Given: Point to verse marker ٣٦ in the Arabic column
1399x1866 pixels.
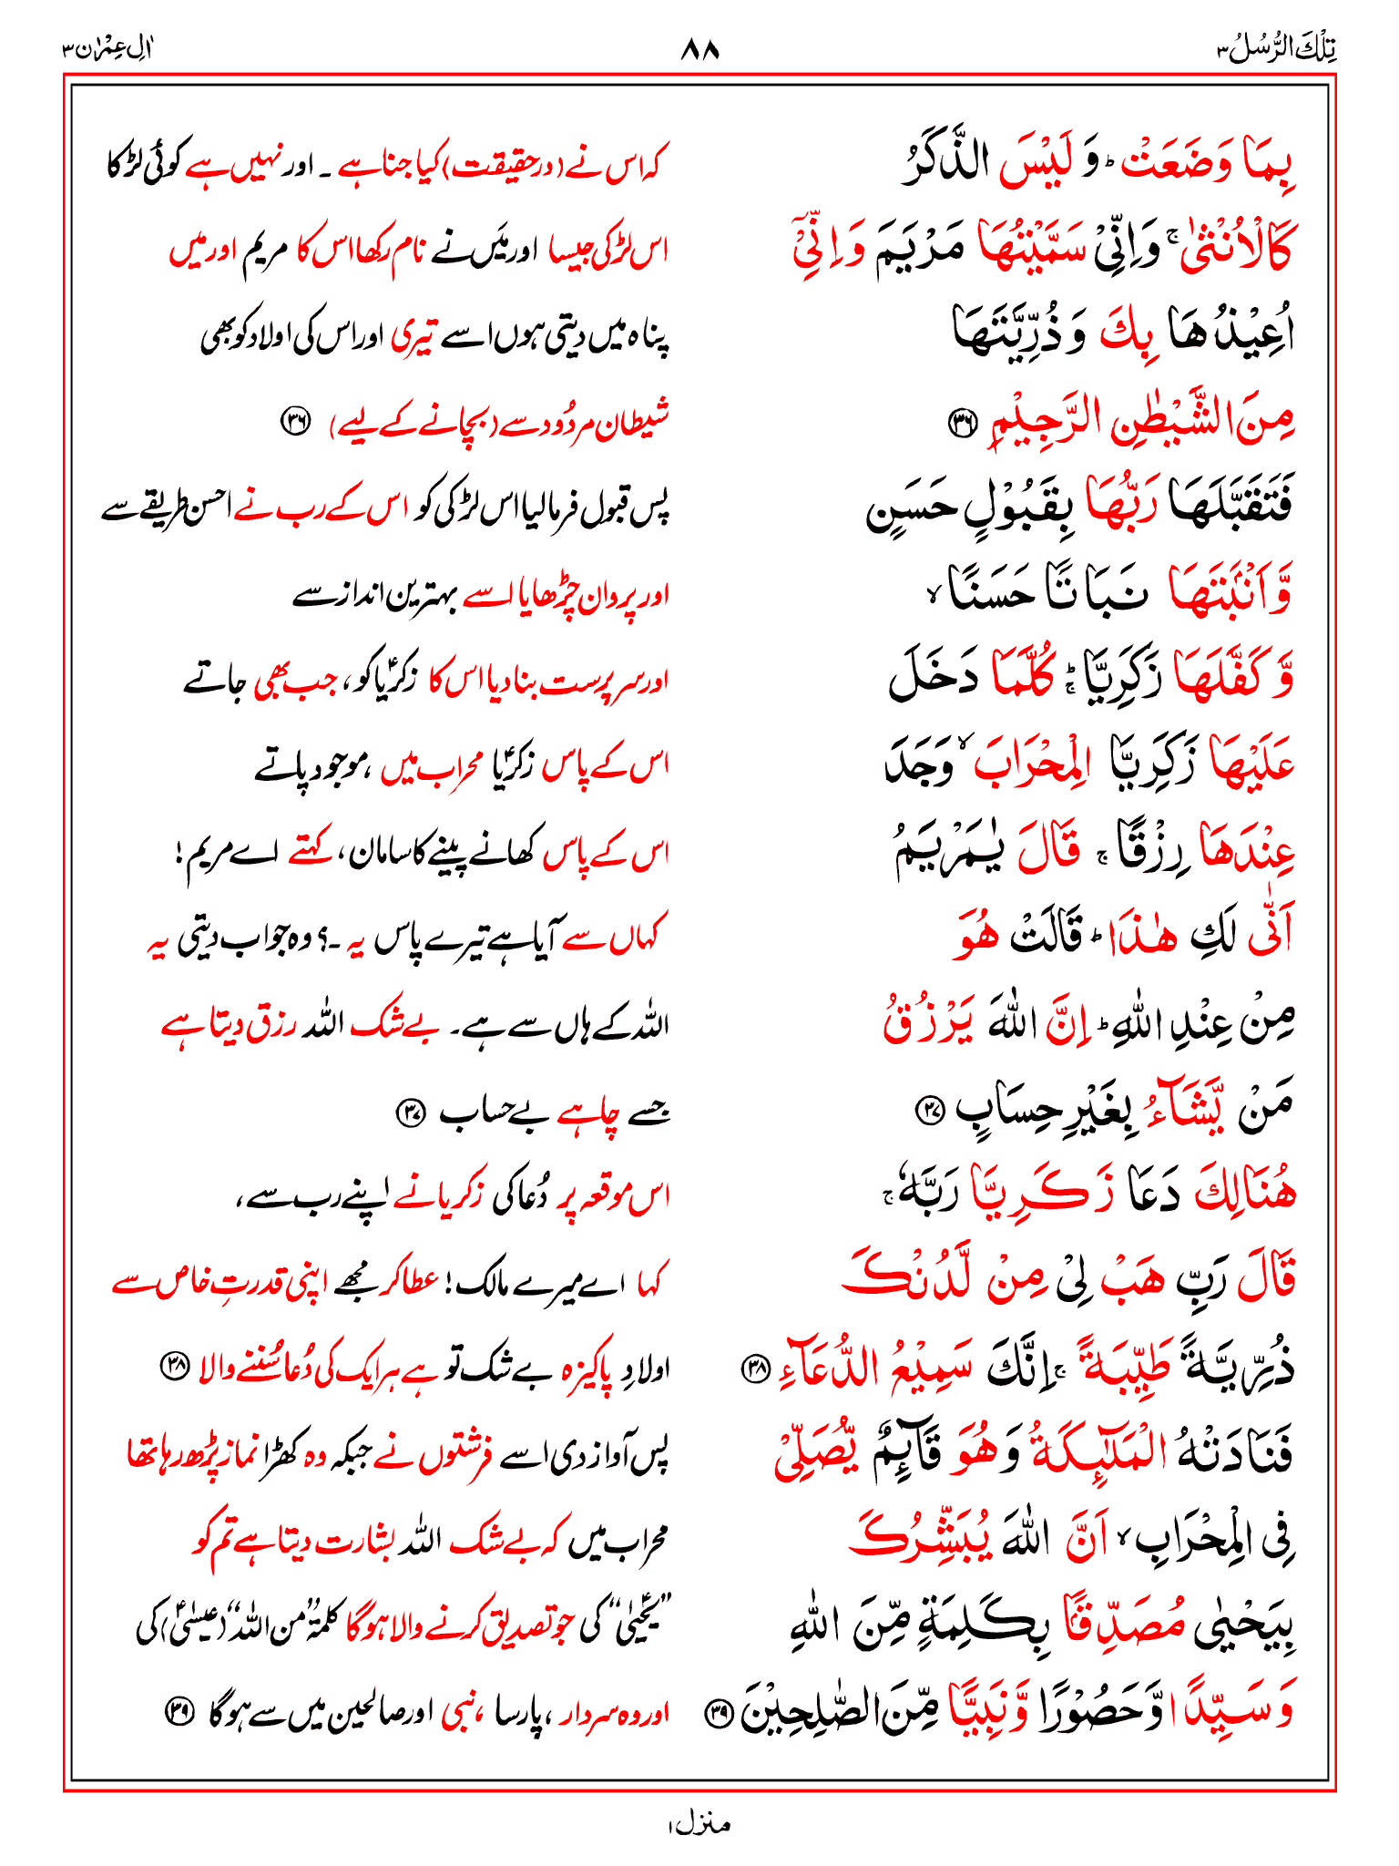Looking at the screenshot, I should click(x=962, y=422).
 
